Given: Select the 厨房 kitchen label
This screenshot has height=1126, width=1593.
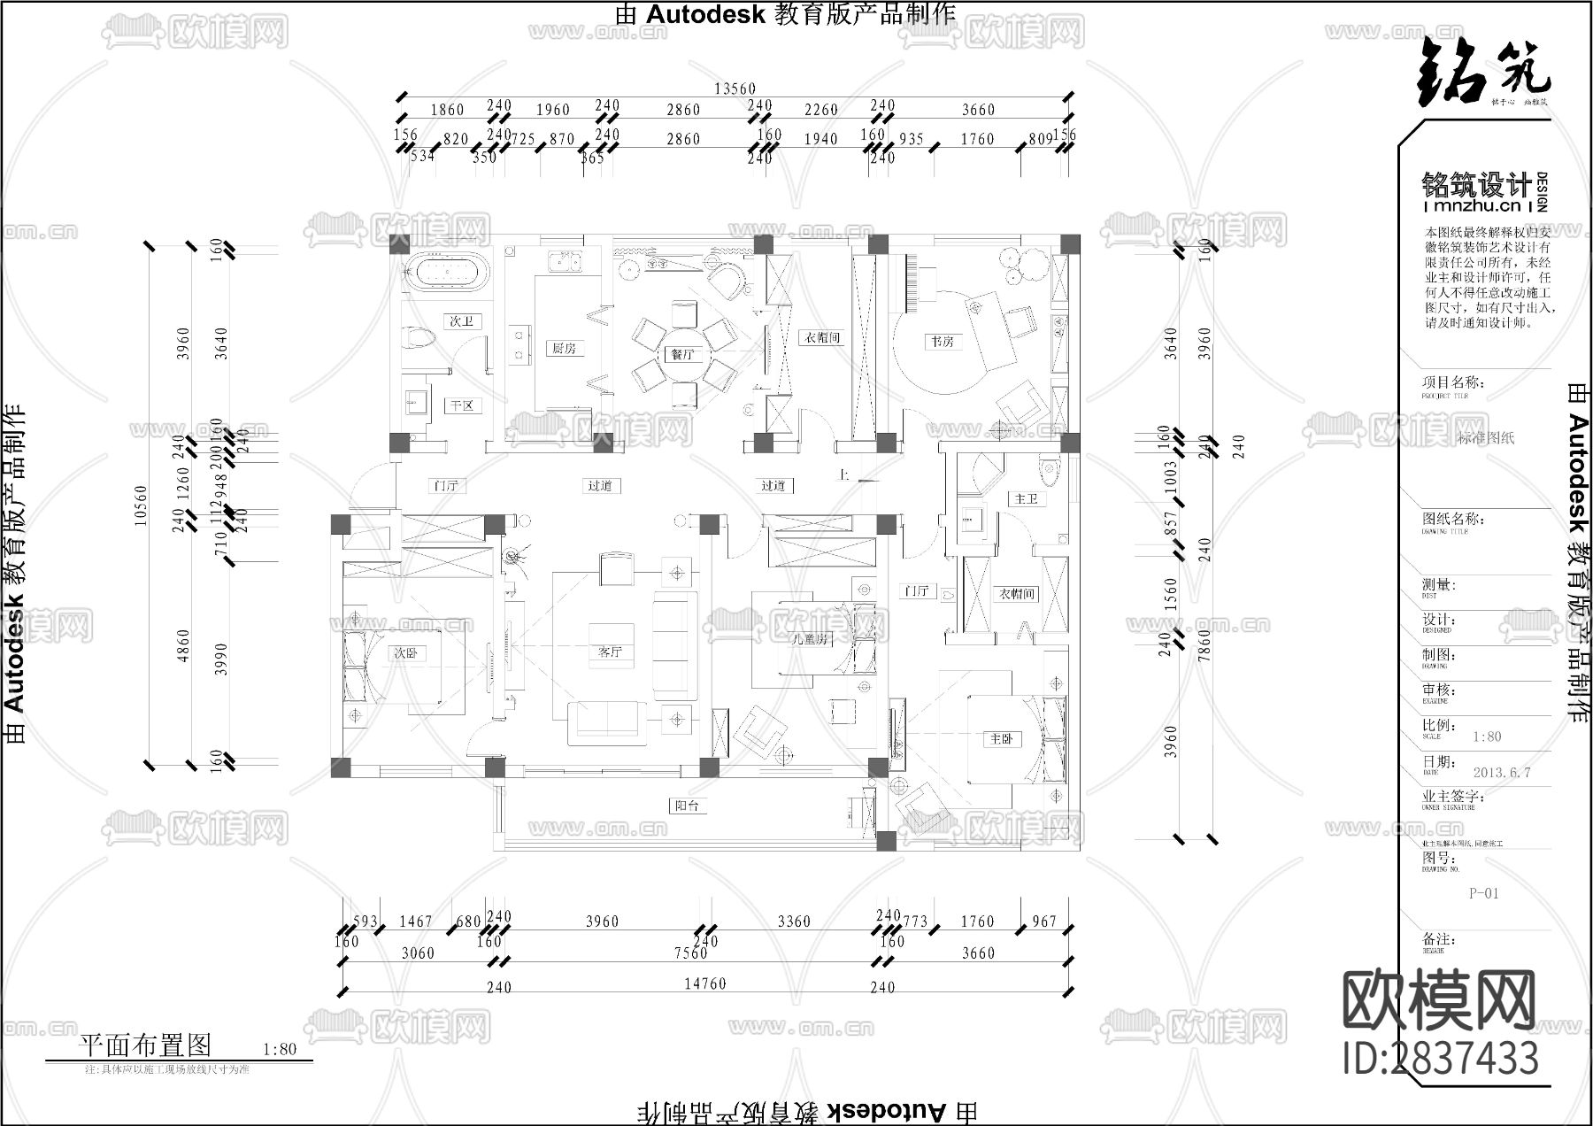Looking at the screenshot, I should [563, 348].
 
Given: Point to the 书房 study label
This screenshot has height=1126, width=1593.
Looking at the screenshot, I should [942, 341].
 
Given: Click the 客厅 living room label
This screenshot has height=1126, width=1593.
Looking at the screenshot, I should [610, 652].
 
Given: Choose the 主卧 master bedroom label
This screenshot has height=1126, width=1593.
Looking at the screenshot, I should [1001, 738].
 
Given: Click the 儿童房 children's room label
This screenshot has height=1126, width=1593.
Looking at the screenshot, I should [811, 638].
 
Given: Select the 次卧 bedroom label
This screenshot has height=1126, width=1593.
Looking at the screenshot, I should [405, 653].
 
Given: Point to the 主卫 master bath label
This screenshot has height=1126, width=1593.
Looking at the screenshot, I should [1025, 499].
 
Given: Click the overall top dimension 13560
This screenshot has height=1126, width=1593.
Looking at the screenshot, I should [735, 89].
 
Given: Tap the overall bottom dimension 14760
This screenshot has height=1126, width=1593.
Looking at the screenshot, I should [704, 983].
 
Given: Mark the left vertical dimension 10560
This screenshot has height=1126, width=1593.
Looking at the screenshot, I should [141, 505].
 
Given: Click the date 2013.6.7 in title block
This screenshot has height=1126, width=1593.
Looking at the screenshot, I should [1501, 772].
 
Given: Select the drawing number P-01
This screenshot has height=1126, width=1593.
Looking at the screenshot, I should [1484, 893].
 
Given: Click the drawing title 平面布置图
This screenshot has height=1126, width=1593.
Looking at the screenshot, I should [146, 1045].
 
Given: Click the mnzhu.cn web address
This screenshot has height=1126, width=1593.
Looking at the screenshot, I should [1477, 206].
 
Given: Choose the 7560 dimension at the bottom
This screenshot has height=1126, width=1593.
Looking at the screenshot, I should [690, 953].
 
